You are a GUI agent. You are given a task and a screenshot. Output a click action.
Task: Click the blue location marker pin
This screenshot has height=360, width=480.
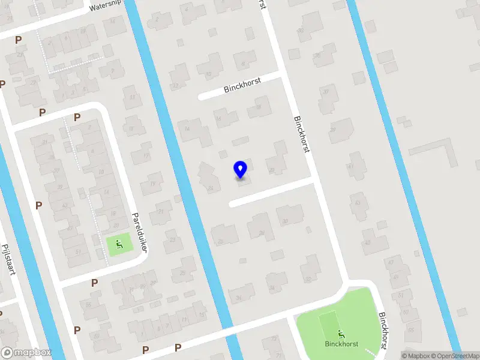coord(241,170)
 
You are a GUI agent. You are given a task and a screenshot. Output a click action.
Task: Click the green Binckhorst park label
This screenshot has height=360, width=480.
coord(341,344)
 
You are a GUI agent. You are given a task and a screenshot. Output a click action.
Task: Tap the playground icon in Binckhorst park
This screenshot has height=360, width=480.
coord(342,334)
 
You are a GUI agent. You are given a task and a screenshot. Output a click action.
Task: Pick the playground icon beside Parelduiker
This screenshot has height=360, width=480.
coord(118,244)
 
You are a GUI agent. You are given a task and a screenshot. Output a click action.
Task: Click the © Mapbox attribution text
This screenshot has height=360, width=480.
coord(416,356)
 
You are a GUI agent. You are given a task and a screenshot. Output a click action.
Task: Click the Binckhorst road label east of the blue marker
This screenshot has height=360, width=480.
coord(302,133)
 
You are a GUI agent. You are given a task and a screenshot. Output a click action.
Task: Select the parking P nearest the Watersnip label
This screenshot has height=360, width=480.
coord(18,40)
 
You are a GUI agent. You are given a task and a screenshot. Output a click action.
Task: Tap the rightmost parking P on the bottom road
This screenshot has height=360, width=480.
coord(178,347)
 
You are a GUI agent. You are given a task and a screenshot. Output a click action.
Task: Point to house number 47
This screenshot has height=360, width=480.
coord(391,262)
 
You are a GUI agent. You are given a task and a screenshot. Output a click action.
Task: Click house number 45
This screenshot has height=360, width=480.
coord(367,242)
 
